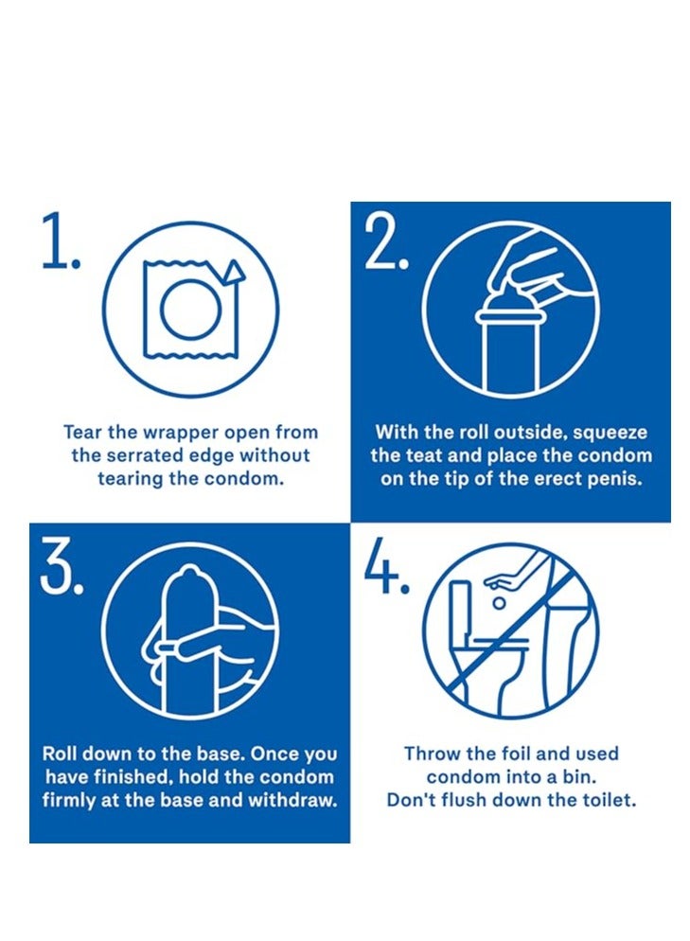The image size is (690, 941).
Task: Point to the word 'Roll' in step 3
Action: [60, 754]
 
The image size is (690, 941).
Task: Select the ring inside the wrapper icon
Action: [192, 311]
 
